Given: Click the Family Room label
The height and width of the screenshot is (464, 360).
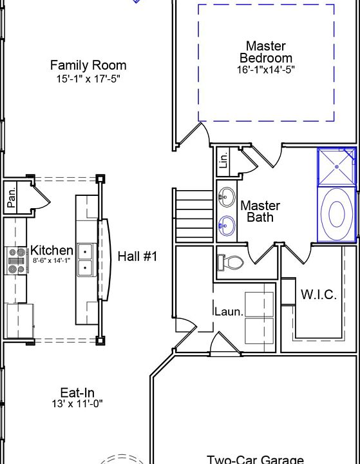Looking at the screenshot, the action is point(88,65).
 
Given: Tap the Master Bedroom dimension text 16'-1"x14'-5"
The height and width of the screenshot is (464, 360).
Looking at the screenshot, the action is point(265,70).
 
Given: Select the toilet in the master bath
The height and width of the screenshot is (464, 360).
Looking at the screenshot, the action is point(230,262).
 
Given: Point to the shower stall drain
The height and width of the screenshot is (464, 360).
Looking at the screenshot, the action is point(337,167).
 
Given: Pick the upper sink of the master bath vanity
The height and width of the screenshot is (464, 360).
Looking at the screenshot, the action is point(227,197).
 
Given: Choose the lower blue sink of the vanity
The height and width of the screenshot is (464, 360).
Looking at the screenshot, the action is point(227,226).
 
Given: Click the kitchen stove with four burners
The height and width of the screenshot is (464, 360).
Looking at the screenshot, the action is point(17,261).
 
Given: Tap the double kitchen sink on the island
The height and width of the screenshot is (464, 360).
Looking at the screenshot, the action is point(85,260).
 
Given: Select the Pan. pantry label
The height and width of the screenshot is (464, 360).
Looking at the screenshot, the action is point(11,198).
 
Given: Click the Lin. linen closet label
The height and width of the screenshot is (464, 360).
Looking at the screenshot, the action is point(224,160).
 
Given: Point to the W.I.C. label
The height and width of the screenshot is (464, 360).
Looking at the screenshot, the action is point(319,295).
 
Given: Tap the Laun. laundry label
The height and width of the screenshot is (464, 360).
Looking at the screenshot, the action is point(229,312).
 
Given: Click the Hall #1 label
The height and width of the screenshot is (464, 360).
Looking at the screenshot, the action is point(138,256).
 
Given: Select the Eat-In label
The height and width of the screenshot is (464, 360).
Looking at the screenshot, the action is point(77,392).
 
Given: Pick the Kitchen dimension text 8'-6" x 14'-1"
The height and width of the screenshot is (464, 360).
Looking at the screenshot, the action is point(52,261).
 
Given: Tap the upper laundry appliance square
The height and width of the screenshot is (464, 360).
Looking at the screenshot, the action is point(259,304).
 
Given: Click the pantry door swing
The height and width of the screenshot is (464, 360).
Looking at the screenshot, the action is point(41,196).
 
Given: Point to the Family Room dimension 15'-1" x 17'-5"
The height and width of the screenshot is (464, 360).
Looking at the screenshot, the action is point(88,79).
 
